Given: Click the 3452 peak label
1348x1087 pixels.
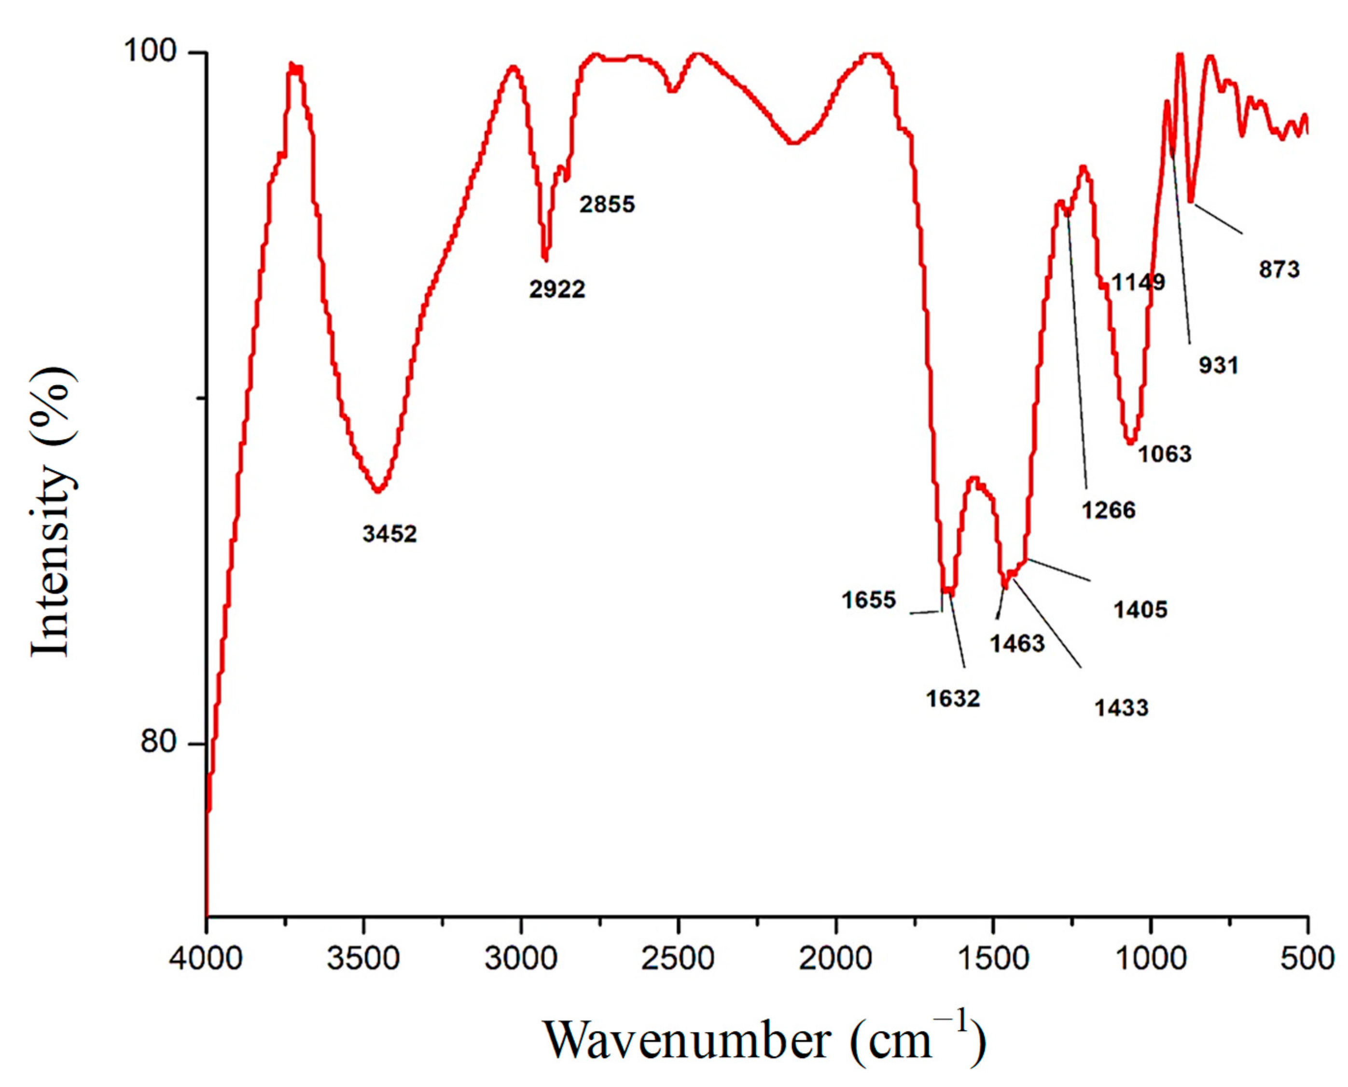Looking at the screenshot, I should [x=389, y=534].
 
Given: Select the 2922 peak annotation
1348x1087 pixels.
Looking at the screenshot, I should [x=557, y=289].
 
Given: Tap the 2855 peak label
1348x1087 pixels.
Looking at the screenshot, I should [x=607, y=204].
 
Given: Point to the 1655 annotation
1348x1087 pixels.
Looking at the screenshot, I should [x=869, y=600].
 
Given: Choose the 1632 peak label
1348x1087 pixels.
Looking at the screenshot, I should [x=953, y=698].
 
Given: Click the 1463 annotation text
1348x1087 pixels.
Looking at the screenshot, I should [x=1017, y=643].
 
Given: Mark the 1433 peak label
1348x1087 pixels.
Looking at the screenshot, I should [x=1121, y=708].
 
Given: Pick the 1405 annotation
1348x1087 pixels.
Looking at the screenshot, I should [x=1140, y=609].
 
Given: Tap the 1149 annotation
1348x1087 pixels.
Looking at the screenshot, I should [x=1138, y=282].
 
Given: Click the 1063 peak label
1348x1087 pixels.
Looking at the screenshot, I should [x=1165, y=454].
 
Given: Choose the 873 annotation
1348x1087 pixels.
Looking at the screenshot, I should [x=1279, y=270].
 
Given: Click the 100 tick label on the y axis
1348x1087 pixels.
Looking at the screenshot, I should [x=150, y=50].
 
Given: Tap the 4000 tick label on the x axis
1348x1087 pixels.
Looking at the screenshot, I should [x=206, y=959].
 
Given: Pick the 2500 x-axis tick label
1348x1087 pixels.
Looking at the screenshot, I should [x=679, y=959].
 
